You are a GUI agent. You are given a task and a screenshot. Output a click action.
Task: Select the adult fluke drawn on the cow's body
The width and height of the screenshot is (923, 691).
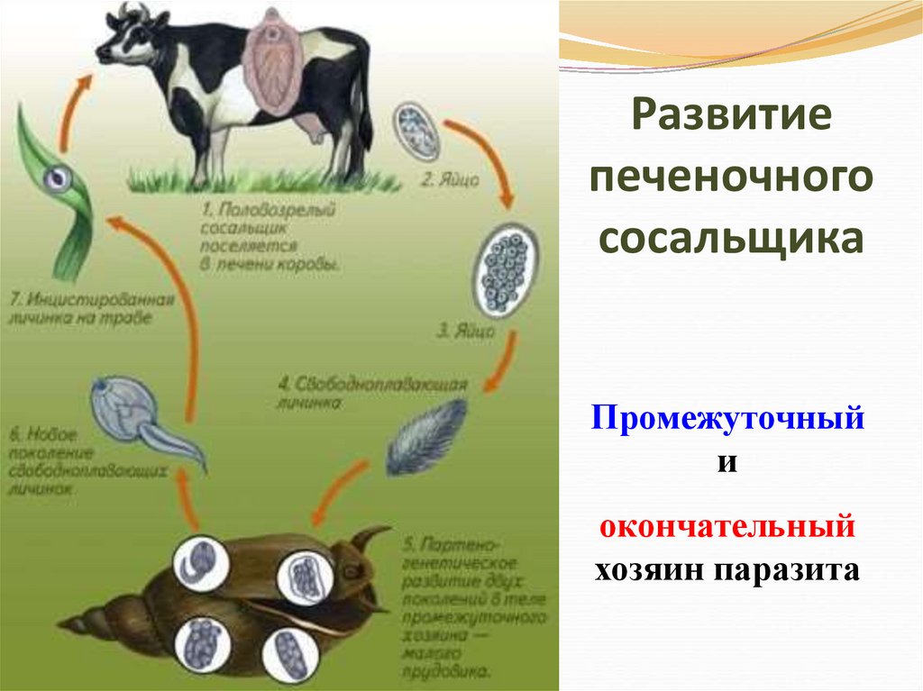268,63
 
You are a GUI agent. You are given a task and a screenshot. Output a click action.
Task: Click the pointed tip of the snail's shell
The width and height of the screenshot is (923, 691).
61,622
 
